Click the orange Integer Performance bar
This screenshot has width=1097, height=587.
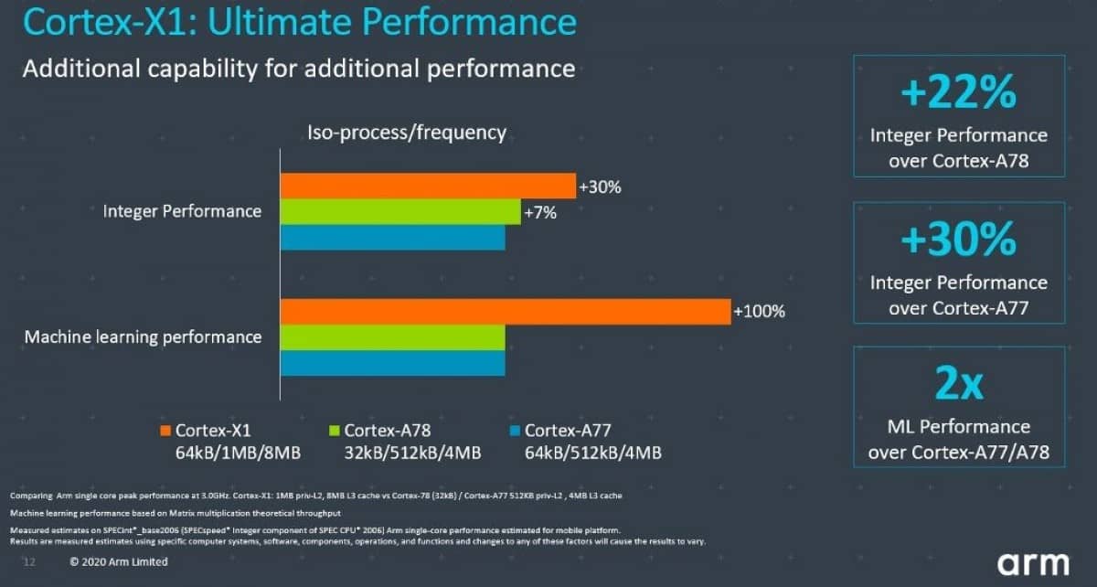tap(428, 186)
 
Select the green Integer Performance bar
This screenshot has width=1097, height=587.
tap(400, 212)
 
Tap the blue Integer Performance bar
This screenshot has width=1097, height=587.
tap(392, 238)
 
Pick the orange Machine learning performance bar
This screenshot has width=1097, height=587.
tap(505, 312)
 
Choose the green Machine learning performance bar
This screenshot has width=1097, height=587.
tap(392, 337)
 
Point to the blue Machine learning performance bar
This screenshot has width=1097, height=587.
tap(392, 363)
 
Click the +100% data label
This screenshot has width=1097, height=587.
tap(759, 312)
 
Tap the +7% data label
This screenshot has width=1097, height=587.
tap(539, 213)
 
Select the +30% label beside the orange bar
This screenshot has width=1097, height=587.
tap(600, 187)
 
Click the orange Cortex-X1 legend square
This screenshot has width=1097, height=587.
tap(165, 431)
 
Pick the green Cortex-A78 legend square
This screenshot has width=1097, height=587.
tap(334, 431)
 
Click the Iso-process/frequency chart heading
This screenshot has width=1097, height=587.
tap(406, 133)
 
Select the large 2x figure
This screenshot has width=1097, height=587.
tap(958, 385)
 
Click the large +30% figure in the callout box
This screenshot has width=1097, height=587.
tap(958, 240)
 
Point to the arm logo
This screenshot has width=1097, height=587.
tap(1031, 561)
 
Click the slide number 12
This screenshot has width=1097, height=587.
tap(28, 561)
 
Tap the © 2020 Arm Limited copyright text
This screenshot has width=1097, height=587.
tap(119, 561)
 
